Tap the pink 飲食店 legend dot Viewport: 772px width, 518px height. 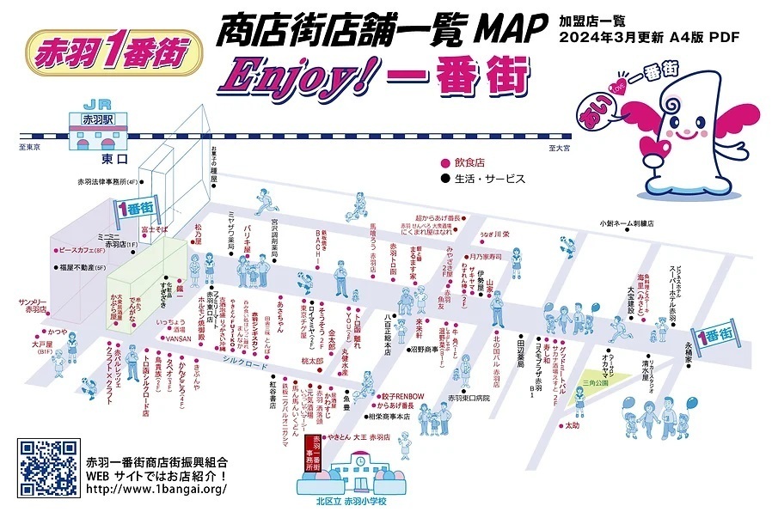444,162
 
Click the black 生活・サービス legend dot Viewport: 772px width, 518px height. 444,180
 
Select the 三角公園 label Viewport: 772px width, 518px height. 594,383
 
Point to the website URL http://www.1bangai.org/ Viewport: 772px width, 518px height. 156,491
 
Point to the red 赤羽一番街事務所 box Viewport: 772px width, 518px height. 315,453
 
